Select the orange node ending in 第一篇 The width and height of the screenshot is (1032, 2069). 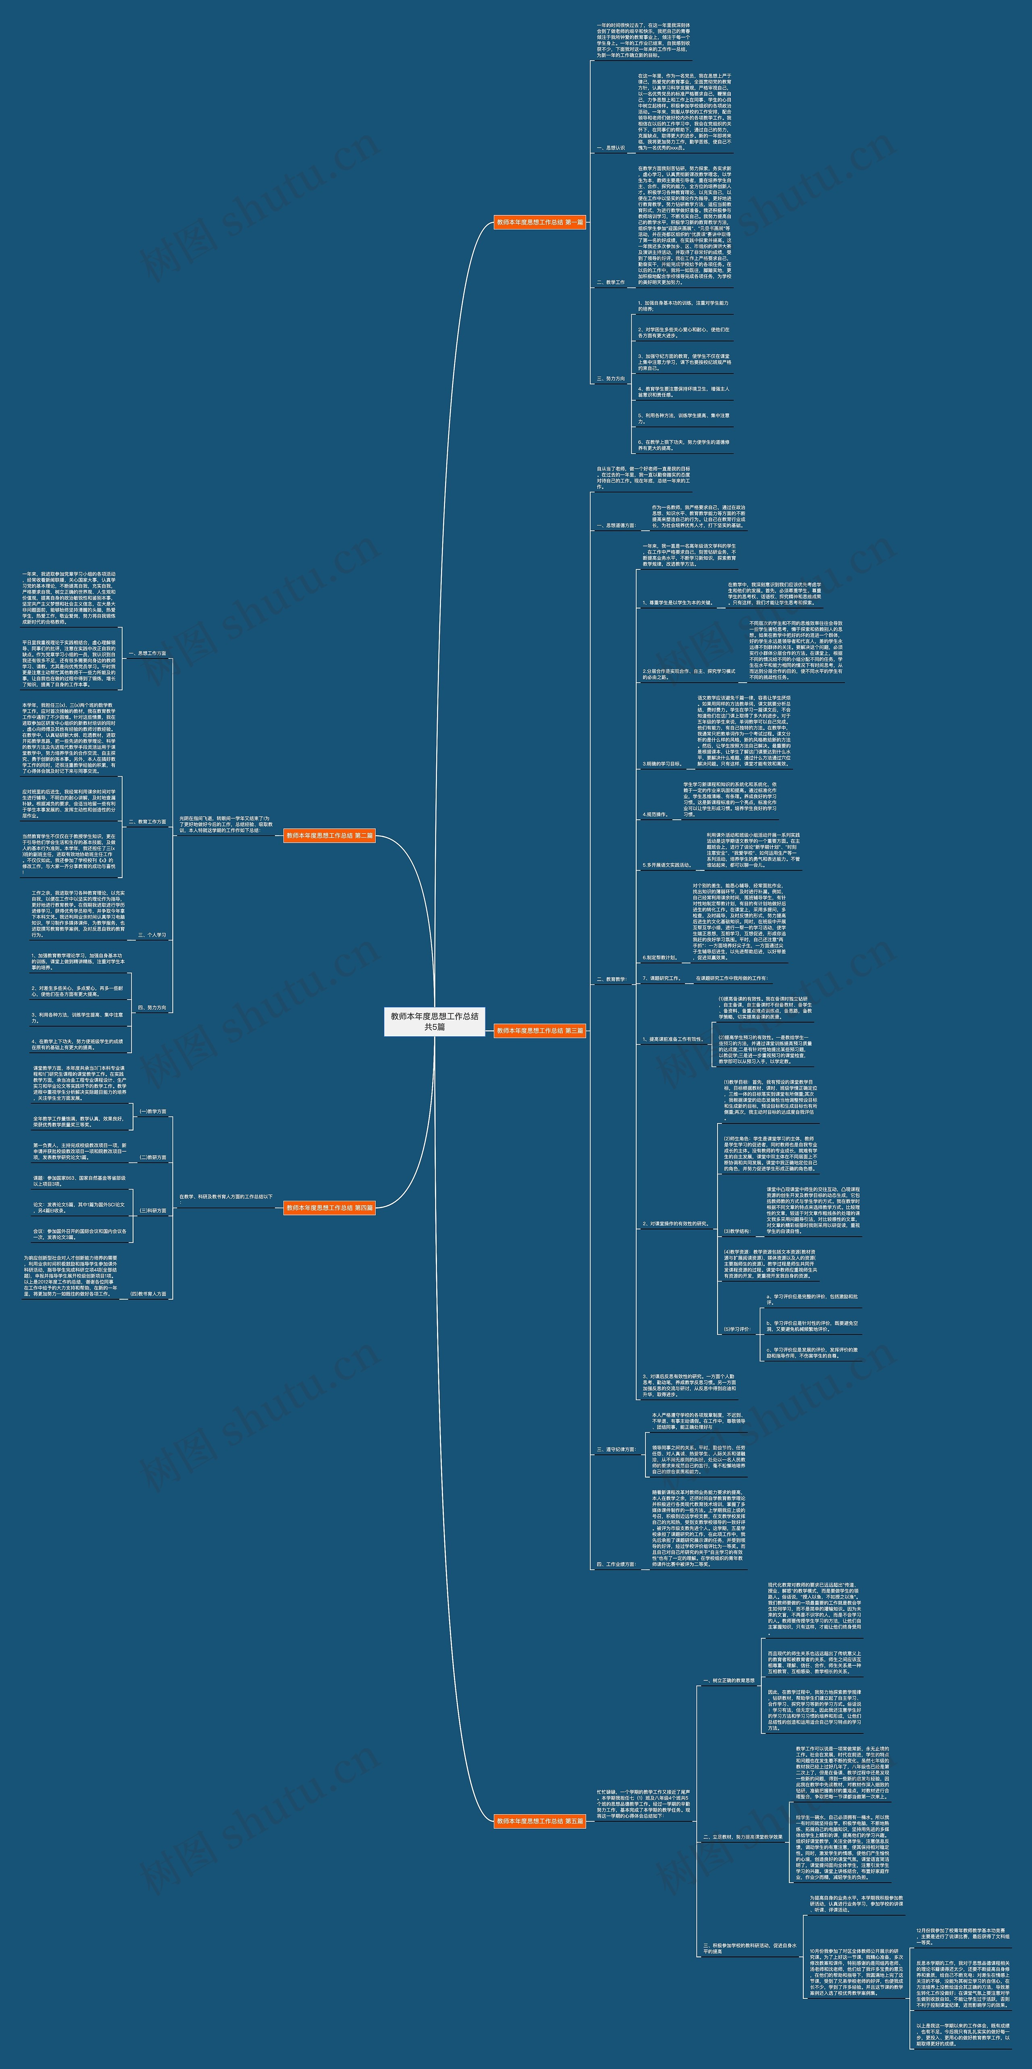tap(540, 222)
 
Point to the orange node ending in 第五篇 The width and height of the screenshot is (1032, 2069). tap(540, 1821)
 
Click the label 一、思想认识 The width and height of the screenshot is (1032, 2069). tap(610, 148)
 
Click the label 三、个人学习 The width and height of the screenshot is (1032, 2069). tap(152, 935)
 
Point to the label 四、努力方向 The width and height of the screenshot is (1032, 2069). tap(152, 1007)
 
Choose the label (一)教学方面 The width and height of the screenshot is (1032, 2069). tap(153, 1112)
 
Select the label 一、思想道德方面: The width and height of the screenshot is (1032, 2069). tap(616, 525)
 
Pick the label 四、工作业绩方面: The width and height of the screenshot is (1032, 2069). tap(616, 1565)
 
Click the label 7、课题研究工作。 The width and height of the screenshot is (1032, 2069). tap(662, 978)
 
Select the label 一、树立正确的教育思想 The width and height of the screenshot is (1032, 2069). tap(728, 1680)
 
